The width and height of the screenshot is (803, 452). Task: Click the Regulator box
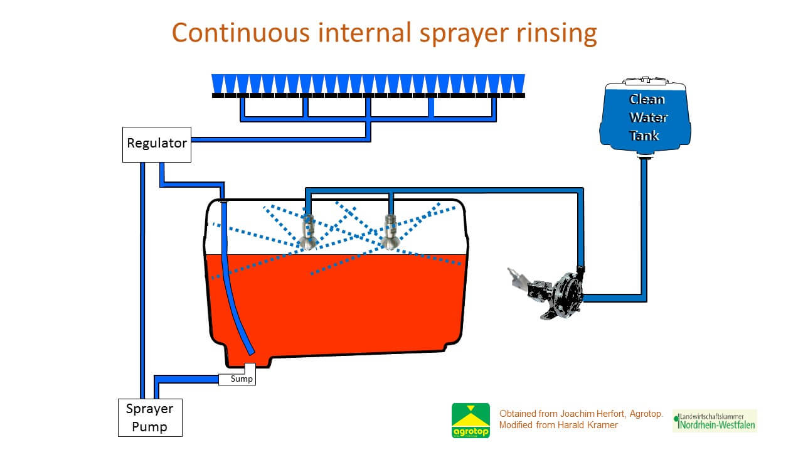(157, 144)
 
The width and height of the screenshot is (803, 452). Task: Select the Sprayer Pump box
(150, 418)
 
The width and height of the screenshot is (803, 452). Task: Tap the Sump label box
(238, 379)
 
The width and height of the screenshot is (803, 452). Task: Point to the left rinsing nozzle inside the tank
(308, 232)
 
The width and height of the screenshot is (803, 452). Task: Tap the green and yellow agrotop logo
(471, 420)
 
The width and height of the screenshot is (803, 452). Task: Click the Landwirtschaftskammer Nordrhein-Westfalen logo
(715, 421)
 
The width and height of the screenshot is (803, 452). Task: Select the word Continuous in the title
(240, 33)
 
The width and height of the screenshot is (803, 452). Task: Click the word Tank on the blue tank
(645, 135)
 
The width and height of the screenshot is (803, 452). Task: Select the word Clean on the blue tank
(647, 99)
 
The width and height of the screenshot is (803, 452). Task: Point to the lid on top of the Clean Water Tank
(645, 82)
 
